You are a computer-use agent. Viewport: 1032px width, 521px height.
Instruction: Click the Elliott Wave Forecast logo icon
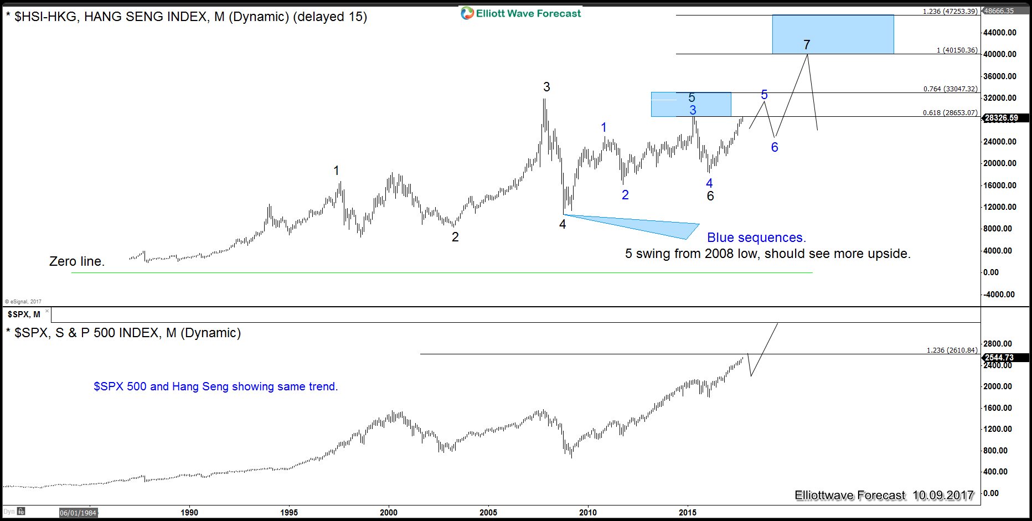coord(467,13)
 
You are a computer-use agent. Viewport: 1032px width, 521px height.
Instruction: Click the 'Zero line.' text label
coord(77,261)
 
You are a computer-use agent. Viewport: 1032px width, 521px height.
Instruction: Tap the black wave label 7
coord(807,45)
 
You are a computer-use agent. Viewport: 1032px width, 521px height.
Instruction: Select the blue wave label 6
coord(775,147)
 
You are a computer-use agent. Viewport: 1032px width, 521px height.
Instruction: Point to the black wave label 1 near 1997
coord(336,171)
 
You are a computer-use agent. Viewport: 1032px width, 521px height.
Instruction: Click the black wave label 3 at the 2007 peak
coord(546,87)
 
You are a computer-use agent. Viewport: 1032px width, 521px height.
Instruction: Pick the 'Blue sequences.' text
coord(756,238)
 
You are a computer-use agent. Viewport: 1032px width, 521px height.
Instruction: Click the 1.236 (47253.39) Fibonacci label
coord(950,11)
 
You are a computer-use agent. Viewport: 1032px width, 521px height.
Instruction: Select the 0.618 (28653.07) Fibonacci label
coord(950,112)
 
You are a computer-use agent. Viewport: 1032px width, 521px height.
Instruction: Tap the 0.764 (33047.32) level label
coord(950,89)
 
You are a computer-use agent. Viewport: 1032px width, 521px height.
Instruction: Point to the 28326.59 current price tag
coord(1002,118)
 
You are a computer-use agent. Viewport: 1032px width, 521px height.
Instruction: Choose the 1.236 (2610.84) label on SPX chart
coord(952,350)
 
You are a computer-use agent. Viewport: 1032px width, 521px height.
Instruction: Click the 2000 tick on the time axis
coord(389,512)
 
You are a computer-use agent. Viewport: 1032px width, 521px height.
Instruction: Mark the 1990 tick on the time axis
coord(189,512)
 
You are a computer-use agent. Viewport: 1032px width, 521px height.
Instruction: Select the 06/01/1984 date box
coord(78,513)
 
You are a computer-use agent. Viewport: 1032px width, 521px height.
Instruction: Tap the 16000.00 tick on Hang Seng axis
coord(999,185)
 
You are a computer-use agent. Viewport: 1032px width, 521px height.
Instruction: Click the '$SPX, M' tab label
coord(24,314)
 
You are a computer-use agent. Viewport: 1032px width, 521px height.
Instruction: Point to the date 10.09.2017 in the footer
coord(943,495)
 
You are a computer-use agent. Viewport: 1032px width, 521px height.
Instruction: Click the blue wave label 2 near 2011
coord(625,195)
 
